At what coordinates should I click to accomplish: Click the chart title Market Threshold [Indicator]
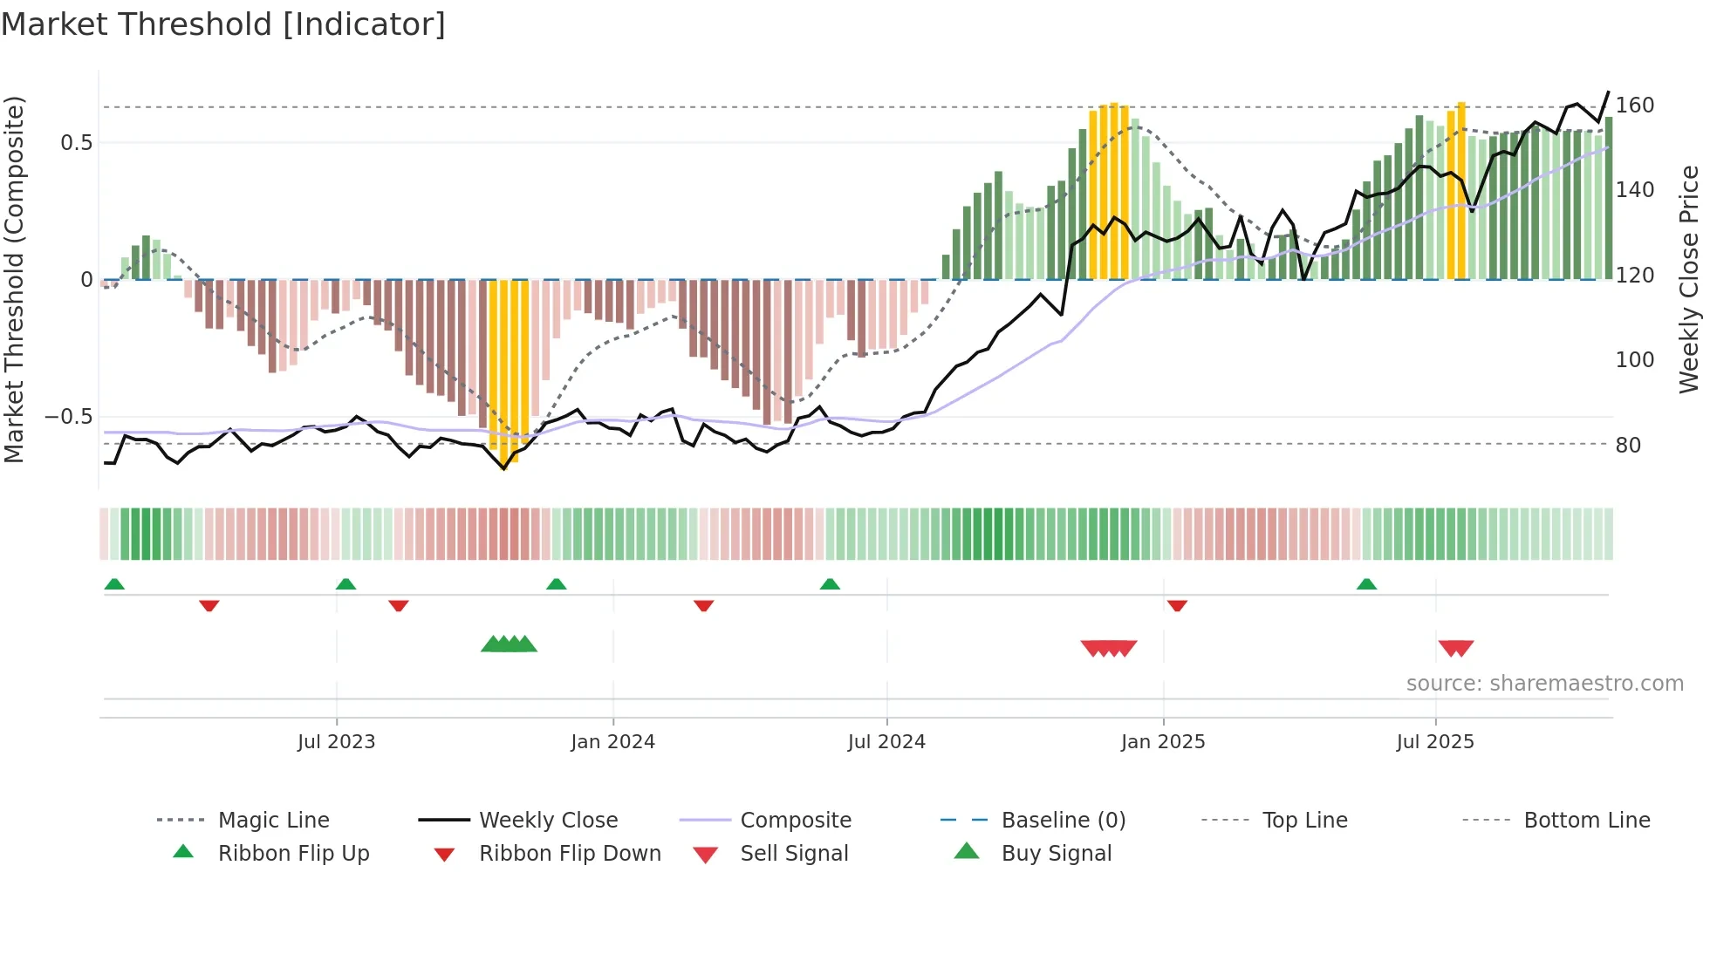(x=223, y=24)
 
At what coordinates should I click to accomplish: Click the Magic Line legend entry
(x=273, y=820)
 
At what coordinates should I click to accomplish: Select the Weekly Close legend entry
(x=548, y=820)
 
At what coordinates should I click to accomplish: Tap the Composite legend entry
(x=795, y=820)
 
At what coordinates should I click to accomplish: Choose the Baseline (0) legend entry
(x=1063, y=820)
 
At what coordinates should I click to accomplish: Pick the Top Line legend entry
(x=1304, y=820)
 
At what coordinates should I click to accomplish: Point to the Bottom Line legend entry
(x=1586, y=820)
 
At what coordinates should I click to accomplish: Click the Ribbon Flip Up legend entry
(x=293, y=853)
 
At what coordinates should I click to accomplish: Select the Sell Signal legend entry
(x=793, y=853)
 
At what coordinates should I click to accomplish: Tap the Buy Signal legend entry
(x=1056, y=853)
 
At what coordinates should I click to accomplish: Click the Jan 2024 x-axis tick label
(x=612, y=741)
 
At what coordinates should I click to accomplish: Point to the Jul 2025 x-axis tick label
(x=1435, y=741)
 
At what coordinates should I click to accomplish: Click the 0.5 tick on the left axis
(x=76, y=142)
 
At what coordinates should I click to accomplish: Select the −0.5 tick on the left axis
(x=69, y=416)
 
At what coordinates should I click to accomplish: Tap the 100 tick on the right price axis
(x=1634, y=359)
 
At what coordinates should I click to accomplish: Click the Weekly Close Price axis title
(x=1689, y=279)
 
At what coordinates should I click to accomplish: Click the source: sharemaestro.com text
(x=1544, y=683)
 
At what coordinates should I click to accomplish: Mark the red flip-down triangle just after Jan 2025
(x=1177, y=605)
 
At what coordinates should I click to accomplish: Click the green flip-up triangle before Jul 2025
(x=1366, y=584)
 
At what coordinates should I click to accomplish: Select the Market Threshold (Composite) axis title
(x=14, y=279)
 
